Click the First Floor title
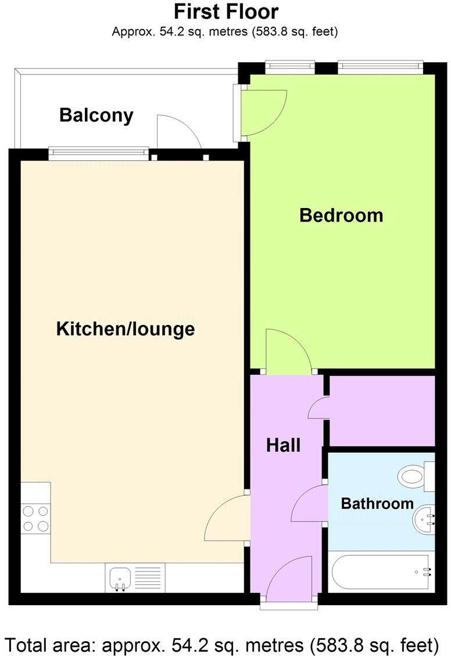[226, 12]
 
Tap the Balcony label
[96, 115]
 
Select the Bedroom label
[341, 215]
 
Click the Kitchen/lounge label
[125, 329]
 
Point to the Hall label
[283, 445]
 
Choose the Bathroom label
[377, 503]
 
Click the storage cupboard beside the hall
[382, 410]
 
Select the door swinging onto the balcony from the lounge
[178, 133]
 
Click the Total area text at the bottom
[221, 645]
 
